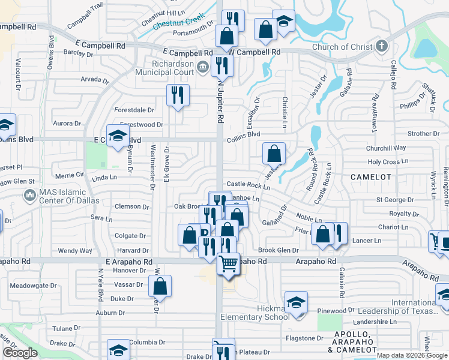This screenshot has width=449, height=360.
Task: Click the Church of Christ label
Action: (343, 47)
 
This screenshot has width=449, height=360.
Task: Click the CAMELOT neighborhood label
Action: (371, 178)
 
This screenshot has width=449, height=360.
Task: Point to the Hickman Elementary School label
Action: (255, 313)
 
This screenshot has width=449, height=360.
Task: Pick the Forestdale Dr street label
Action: (134, 110)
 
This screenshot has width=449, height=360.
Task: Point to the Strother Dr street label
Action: (424, 134)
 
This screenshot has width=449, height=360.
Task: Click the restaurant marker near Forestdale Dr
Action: (178, 95)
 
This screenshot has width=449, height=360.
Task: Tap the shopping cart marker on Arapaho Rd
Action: (228, 262)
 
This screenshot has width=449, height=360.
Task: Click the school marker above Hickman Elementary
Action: (296, 302)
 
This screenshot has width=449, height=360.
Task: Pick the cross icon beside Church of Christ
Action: (381, 47)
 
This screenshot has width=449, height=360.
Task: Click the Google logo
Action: (20, 353)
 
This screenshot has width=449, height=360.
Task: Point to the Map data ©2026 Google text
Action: (412, 355)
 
